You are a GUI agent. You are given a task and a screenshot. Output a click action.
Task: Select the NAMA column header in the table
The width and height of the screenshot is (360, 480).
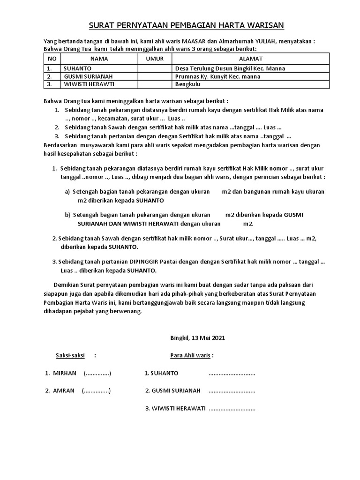tap(99, 59)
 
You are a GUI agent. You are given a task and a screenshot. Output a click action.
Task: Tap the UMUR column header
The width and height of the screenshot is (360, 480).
tap(154, 59)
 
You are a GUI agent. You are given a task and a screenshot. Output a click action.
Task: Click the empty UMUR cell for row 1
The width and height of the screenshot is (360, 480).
tap(154, 68)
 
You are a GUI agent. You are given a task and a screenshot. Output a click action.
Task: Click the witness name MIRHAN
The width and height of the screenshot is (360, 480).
tap(64, 373)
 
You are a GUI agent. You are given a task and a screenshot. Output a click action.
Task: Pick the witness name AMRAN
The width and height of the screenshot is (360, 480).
tap(64, 390)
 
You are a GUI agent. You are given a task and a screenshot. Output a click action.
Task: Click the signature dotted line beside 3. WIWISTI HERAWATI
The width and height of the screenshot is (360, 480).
tap(232, 408)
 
